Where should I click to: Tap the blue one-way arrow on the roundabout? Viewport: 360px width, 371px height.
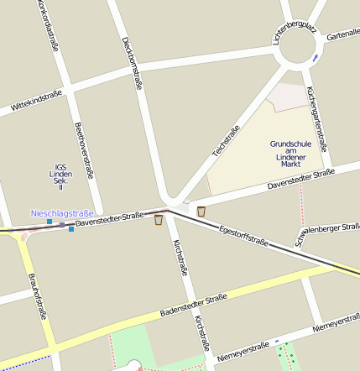pyautogui.click(x=315, y=58)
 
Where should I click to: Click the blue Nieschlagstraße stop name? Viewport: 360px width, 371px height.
pyautogui.click(x=62, y=214)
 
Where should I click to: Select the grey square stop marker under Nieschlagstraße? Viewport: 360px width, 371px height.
pyautogui.click(x=61, y=224)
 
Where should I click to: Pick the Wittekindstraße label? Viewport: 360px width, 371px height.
pyautogui.click(x=36, y=102)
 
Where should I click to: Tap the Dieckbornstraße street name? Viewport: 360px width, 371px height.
pyautogui.click(x=132, y=63)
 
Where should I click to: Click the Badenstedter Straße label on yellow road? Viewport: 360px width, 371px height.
pyautogui.click(x=192, y=306)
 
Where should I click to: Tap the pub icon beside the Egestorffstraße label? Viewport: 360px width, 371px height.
pyautogui.click(x=201, y=211)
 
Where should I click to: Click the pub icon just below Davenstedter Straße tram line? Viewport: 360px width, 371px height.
pyautogui.click(x=159, y=220)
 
